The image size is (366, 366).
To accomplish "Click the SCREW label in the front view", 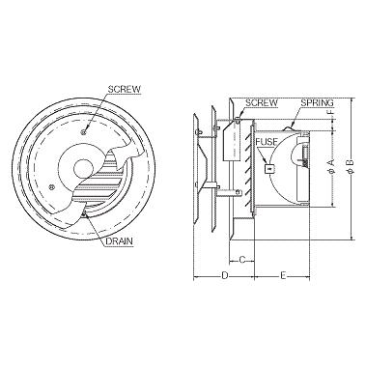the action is (125, 89).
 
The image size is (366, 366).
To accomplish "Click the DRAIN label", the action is (119, 241).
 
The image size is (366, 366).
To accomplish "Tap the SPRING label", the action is (317, 103).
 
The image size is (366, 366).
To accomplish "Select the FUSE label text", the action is (267, 142).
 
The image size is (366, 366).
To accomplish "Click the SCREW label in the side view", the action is (262, 103).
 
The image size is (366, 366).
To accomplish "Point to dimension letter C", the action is (242, 259).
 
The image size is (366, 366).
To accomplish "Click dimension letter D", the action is (225, 275).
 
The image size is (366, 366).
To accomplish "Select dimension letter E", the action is (283, 275).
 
